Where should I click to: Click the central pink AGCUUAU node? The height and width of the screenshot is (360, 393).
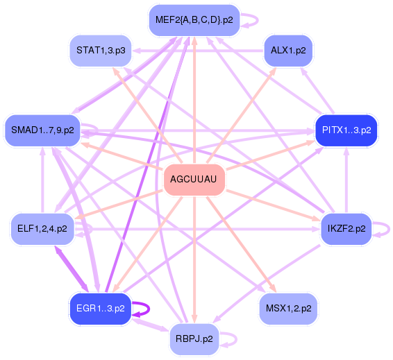coord(194,180)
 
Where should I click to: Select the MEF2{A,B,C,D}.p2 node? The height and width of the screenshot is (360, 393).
coord(194,20)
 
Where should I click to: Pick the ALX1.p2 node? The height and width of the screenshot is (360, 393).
coord(288,51)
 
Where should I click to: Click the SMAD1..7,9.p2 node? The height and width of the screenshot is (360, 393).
coord(42,129)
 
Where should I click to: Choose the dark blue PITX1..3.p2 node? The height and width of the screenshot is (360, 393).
coord(346,129)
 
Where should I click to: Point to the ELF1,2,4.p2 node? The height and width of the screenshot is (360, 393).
coord(42,228)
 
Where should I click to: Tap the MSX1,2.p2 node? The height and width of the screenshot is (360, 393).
coord(288,307)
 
